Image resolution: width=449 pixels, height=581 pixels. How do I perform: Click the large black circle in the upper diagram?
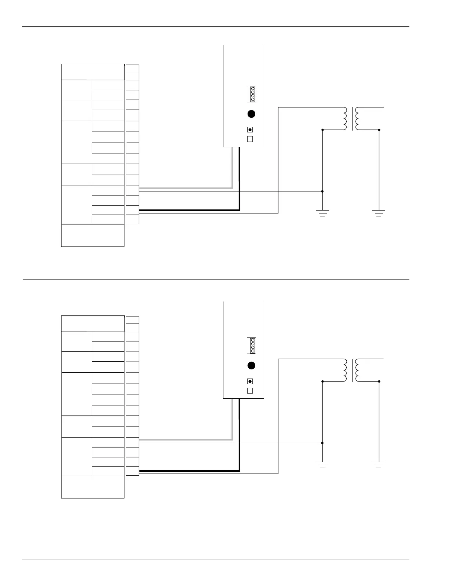point(251,114)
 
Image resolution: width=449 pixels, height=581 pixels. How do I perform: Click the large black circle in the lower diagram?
point(251,366)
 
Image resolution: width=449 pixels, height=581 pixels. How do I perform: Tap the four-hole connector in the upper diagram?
point(251,94)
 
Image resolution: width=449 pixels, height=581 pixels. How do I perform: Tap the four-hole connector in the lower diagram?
point(251,346)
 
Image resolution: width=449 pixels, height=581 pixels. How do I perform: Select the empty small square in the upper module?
point(250,139)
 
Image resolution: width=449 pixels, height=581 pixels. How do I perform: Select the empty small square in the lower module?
point(250,391)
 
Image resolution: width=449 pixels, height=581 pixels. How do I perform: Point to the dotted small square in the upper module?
point(250,129)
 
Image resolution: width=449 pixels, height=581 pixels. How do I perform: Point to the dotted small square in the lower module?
point(250,381)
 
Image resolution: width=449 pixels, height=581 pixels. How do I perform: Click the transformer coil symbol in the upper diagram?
point(351,118)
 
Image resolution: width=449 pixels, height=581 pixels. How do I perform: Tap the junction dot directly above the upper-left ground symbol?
point(322,191)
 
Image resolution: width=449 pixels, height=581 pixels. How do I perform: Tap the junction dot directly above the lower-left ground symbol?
point(322,443)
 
